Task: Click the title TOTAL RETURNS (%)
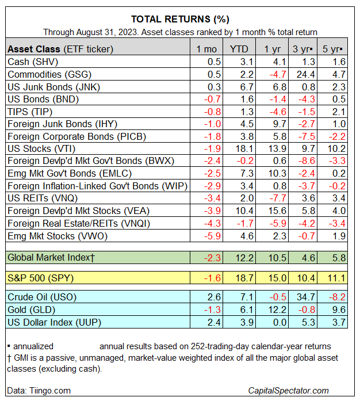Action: [x=179, y=19]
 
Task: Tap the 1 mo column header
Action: [x=207, y=48]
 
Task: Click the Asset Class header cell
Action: [x=60, y=48]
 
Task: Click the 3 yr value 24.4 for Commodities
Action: [x=304, y=74]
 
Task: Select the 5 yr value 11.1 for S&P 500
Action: [x=335, y=278]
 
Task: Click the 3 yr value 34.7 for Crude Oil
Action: [x=304, y=298]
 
